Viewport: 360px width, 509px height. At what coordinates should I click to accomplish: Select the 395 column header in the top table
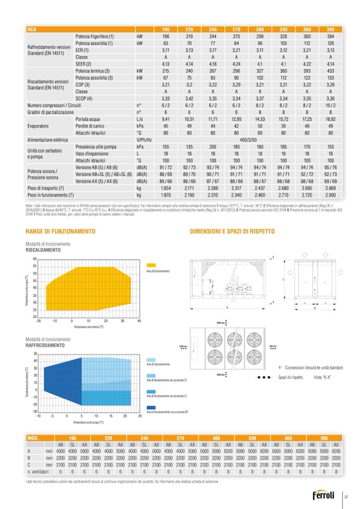(330, 29)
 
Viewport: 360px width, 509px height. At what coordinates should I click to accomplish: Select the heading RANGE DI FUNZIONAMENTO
(53, 231)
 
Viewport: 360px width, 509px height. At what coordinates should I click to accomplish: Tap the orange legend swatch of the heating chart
(150, 264)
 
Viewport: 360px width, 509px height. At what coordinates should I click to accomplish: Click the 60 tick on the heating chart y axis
(35, 258)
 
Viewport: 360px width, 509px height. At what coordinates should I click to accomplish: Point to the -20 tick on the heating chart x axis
(38, 321)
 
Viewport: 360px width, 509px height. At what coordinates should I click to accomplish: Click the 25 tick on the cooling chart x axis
(140, 416)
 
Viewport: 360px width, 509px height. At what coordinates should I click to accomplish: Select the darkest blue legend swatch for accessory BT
(151, 407)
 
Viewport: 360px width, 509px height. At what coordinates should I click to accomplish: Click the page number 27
(346, 496)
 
